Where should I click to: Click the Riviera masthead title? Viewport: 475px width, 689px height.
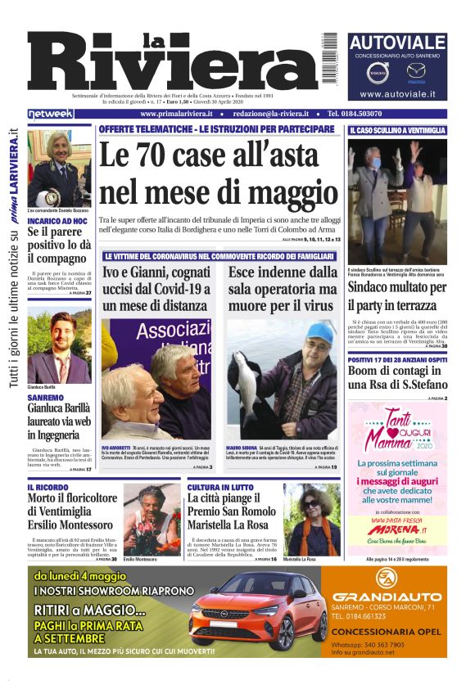pos(180,65)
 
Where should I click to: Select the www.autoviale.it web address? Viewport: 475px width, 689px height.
pos(397,95)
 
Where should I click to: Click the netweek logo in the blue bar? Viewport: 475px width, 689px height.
pos(52,114)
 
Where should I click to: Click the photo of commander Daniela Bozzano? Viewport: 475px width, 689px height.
pos(59,168)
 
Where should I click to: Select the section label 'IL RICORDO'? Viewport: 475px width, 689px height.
pos(47,487)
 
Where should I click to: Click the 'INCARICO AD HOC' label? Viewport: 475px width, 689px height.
pos(57,221)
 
